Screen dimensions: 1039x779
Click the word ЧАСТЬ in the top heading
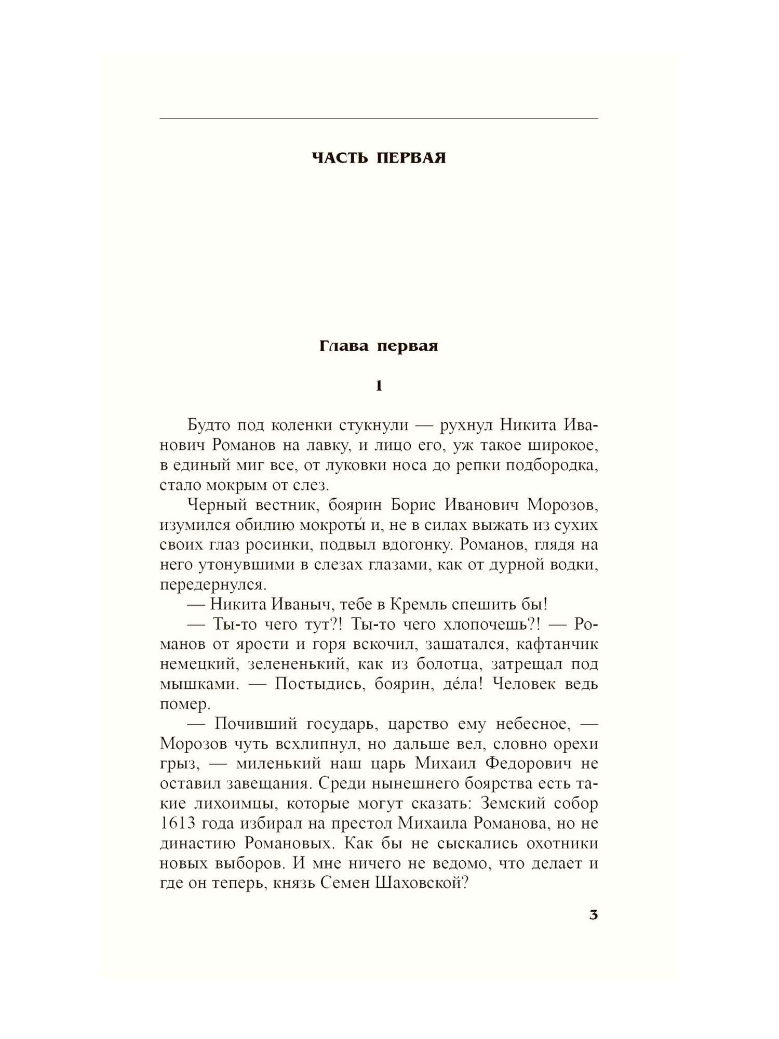click(339, 158)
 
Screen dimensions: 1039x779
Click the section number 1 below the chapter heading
click(379, 386)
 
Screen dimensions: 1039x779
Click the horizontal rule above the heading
click(379, 119)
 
